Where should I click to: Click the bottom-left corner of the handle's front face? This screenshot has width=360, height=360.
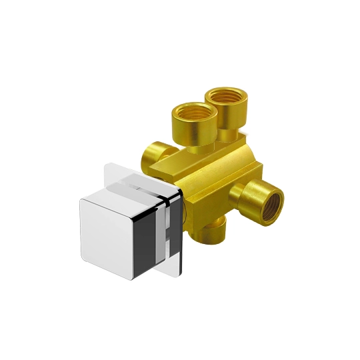[x=83, y=256]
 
